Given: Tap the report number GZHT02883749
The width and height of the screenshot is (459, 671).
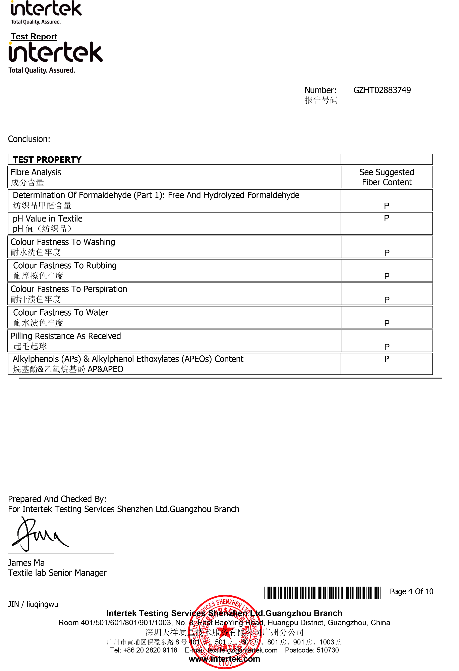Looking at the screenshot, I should coord(382,90).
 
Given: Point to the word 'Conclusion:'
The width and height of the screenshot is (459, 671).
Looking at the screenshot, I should coord(29,139).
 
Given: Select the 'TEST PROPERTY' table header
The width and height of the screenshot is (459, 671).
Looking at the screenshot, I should coord(47,160).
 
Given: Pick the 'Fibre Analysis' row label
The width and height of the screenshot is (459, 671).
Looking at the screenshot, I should coord(36,172).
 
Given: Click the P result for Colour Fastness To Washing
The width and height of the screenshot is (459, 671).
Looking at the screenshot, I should coord(387,253).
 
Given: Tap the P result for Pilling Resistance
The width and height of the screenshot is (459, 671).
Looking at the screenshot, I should coord(387,347).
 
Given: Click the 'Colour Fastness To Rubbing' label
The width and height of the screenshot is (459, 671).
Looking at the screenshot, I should coord(65,266).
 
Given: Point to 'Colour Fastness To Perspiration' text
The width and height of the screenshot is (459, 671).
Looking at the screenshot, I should coord(69,289).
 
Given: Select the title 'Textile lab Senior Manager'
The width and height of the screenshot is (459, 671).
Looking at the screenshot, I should coord(57,573).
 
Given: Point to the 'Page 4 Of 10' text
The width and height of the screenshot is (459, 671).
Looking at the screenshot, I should coord(411,592).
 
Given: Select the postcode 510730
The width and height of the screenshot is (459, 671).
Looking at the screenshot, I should coord(328,650).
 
